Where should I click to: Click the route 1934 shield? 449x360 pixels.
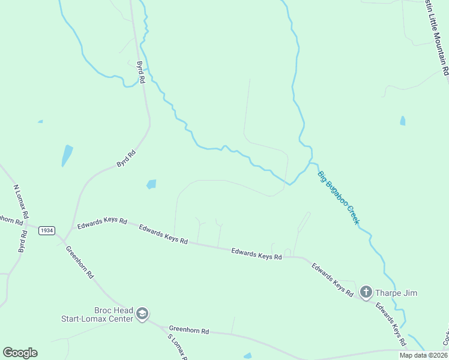[46, 230]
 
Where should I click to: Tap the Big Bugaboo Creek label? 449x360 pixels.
[339, 198]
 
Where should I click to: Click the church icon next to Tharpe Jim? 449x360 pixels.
[366, 293]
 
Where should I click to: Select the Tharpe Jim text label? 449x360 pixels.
[396, 293]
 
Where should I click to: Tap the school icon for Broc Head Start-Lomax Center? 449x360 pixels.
[142, 314]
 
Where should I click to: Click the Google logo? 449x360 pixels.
[20, 353]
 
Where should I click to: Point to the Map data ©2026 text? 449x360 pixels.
[423, 355]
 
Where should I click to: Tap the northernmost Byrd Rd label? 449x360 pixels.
[141, 71]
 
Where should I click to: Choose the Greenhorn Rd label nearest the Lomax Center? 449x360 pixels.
[188, 330]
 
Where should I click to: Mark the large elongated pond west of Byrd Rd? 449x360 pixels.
[67, 155]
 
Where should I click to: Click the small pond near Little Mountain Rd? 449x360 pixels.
[402, 121]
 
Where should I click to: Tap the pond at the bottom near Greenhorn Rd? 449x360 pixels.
[247, 356]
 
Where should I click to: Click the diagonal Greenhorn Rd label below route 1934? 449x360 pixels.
[80, 262]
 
